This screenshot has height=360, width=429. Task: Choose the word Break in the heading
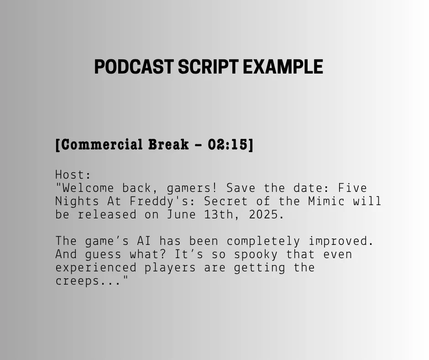168,145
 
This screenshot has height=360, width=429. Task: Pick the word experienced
96,268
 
